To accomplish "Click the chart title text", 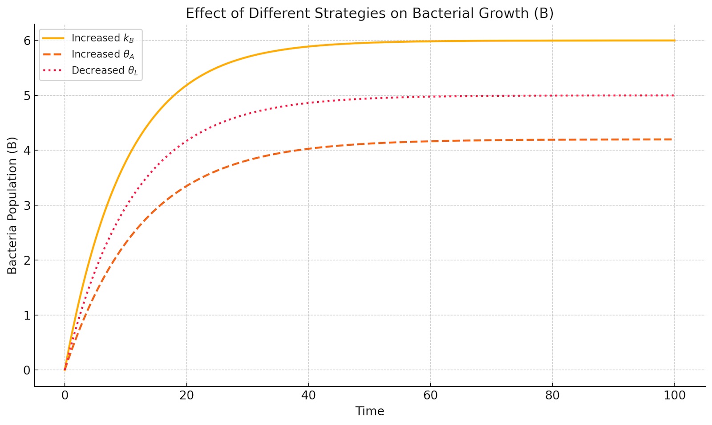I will [369, 13].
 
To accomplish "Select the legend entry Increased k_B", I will [102, 38].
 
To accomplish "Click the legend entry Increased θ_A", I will [102, 54].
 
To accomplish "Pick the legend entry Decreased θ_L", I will [105, 70].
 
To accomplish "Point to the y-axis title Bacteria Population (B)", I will [12, 205].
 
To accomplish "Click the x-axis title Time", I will [369, 411].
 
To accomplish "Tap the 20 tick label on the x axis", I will [186, 395].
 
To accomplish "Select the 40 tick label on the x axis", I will [308, 395].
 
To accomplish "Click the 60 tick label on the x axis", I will [430, 395].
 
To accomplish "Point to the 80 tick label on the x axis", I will [552, 395].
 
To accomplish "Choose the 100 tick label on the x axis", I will [675, 395].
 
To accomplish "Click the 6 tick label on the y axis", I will [27, 41].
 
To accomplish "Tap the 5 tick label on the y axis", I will [27, 95].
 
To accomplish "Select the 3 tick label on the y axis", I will [27, 205].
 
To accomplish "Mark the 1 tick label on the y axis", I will [27, 315].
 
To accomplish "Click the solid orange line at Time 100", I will [674, 41].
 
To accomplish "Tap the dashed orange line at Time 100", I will [671, 139].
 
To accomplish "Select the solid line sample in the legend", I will [53, 38].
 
